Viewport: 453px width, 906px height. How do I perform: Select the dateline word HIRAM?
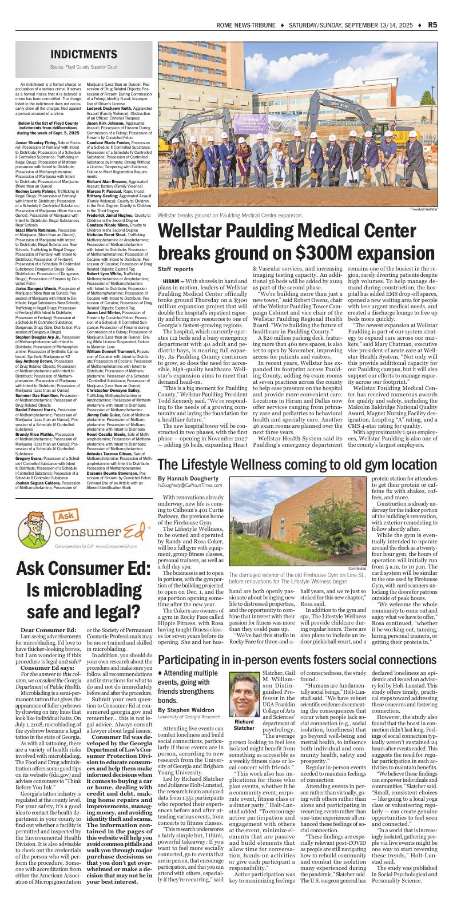tap(171, 281)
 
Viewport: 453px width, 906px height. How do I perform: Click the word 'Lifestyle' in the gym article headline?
tap(218, 463)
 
